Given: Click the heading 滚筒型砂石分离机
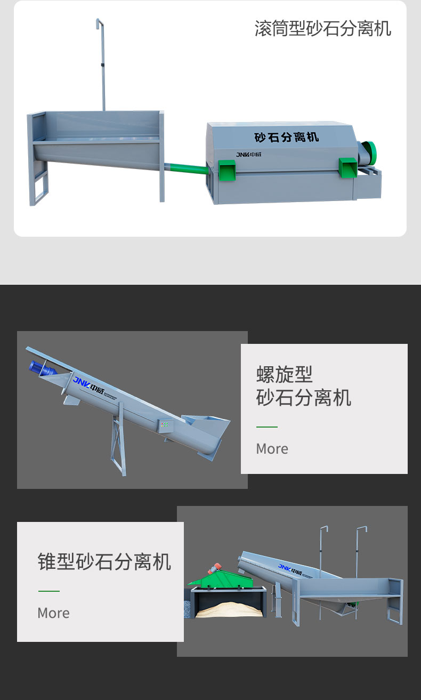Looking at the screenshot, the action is pos(322,28).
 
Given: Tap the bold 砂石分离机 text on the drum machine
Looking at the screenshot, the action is pos(286,137).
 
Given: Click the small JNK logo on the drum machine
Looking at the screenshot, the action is pos(248,155).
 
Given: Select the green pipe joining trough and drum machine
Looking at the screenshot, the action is pos(186,168).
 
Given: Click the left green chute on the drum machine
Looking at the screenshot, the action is pos(226,170).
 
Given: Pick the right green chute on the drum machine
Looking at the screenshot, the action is pos(348,167).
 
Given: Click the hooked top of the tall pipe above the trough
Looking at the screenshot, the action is pos(99,22).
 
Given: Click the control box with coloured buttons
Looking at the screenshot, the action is pos(164,425).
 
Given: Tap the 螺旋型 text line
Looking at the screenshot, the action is pos(284,374).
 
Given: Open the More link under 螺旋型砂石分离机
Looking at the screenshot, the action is pos(272,449).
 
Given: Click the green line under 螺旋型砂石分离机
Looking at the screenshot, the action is pos(266,427).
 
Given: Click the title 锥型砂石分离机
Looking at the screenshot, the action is pos(104,561).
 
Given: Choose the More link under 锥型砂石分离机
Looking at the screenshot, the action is pos(53,613).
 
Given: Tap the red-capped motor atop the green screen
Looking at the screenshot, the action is pos(214,567).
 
